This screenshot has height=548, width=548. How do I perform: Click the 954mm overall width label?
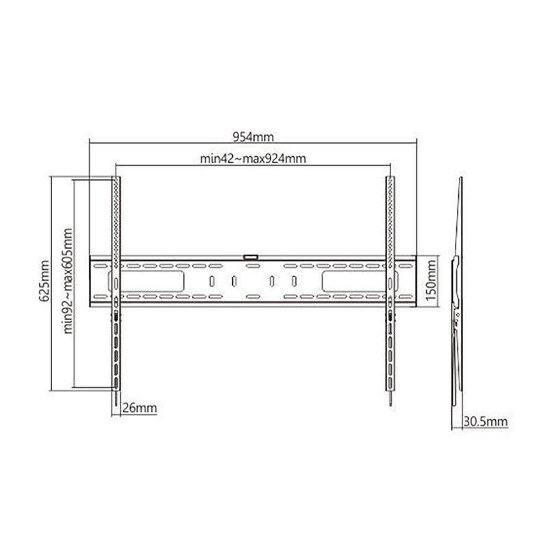click(x=253, y=136)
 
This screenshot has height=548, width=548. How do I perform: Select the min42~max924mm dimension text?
click(x=253, y=159)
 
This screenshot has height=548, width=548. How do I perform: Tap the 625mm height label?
click(x=45, y=281)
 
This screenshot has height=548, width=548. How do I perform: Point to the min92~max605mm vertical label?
click(x=68, y=281)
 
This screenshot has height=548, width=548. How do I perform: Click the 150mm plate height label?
click(x=432, y=281)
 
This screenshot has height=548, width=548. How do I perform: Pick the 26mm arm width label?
click(x=140, y=408)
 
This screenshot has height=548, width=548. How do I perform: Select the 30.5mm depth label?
click(x=486, y=421)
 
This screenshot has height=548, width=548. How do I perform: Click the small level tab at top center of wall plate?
click(x=251, y=258)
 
